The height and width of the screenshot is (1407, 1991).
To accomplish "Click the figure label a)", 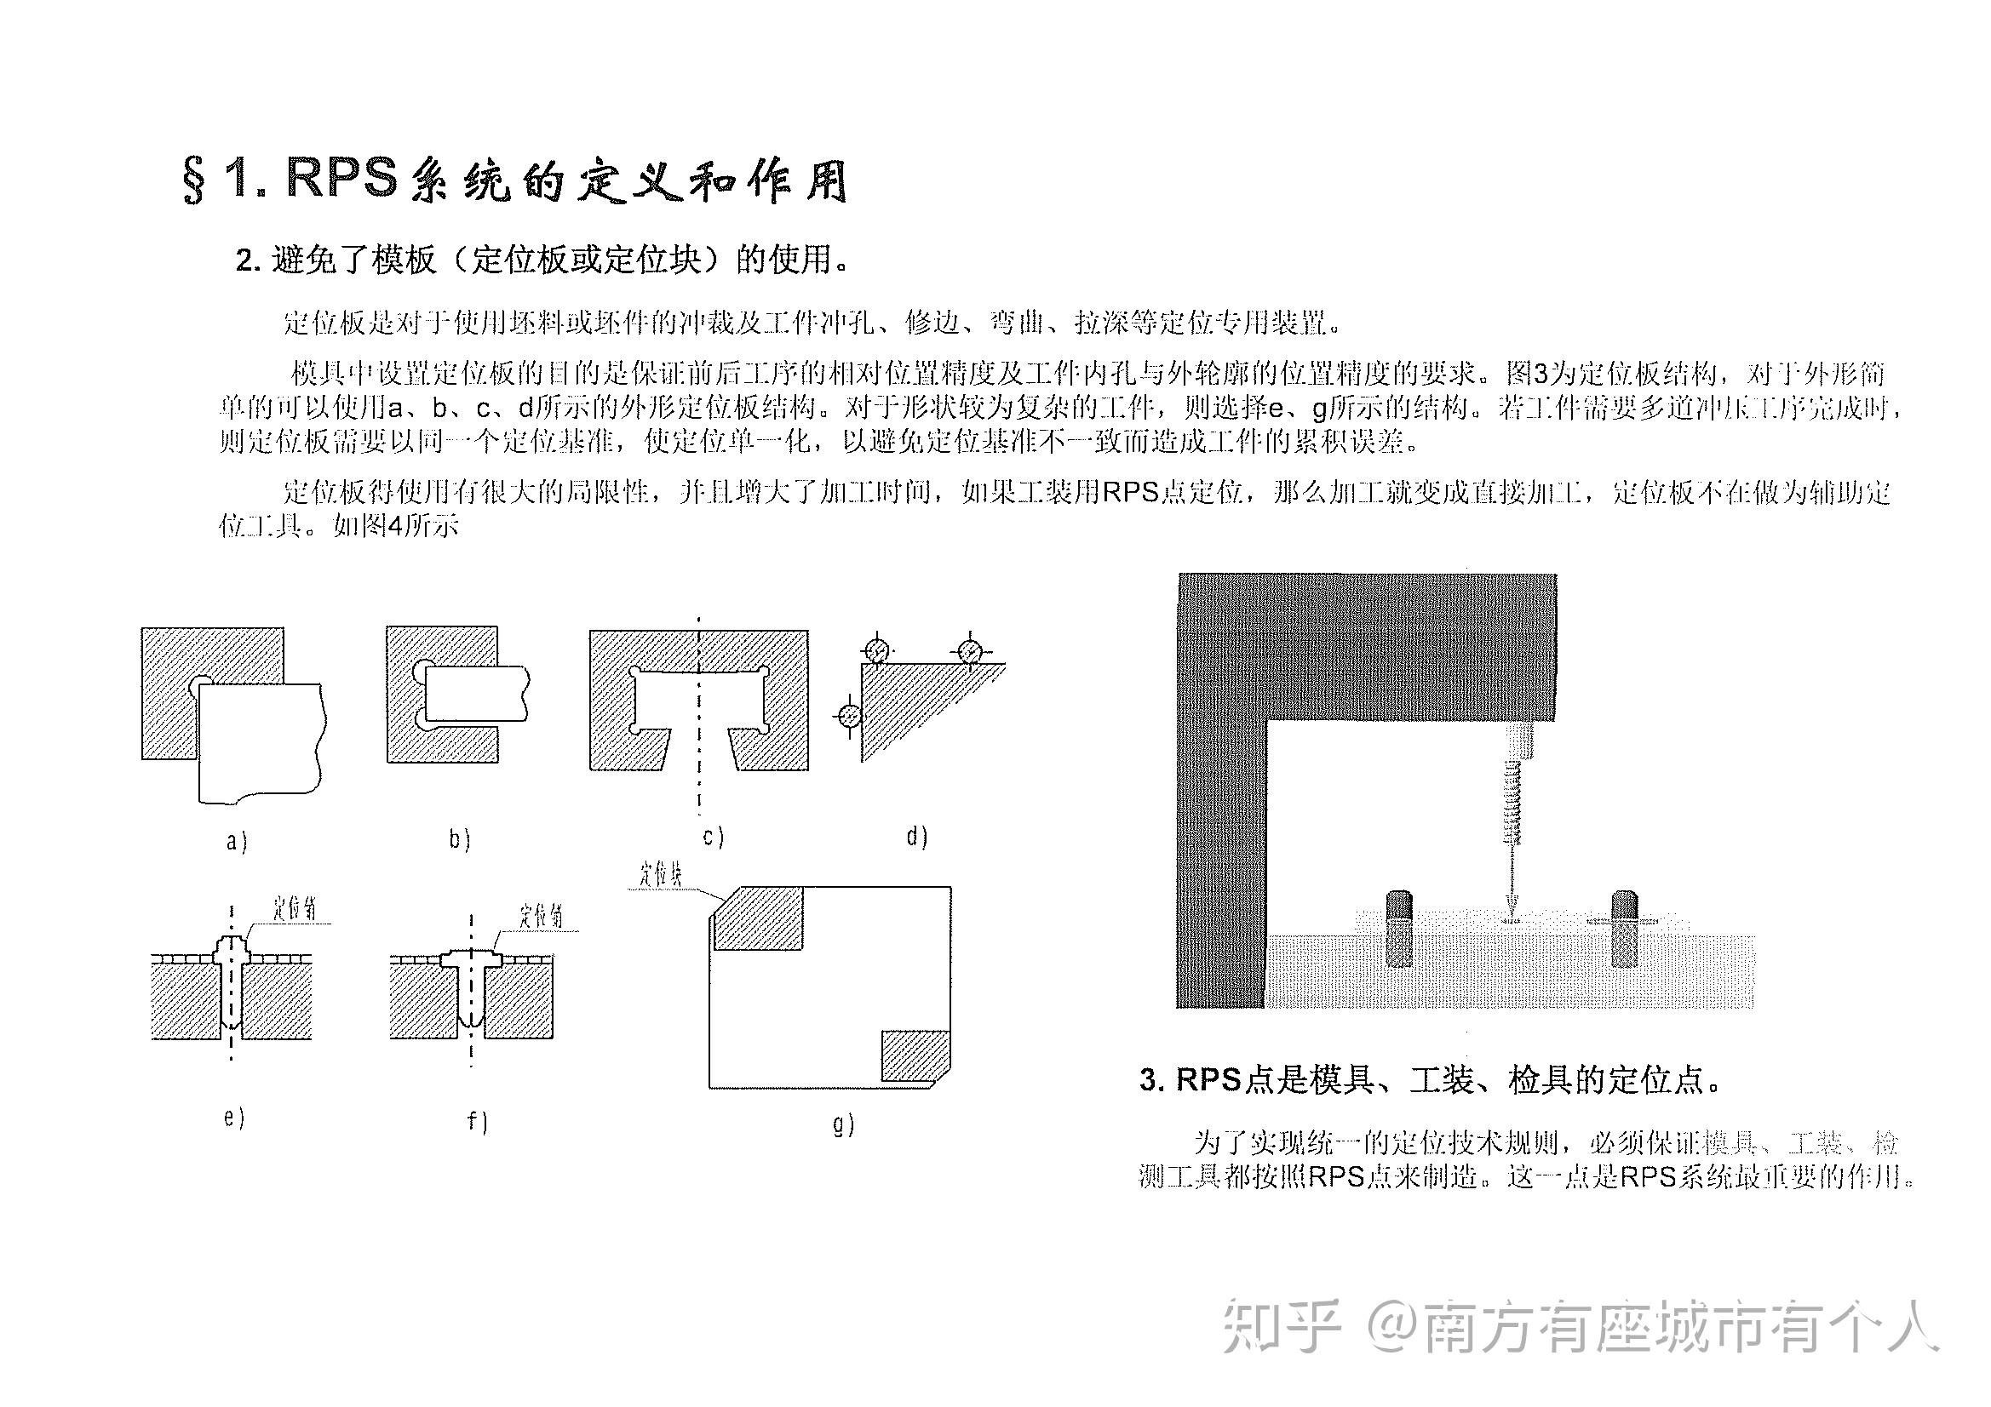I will pyautogui.click(x=236, y=841).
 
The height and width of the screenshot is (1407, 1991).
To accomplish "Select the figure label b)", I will pyautogui.click(x=460, y=839).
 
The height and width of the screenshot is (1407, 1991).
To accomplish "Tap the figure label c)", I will pyautogui.click(x=713, y=837).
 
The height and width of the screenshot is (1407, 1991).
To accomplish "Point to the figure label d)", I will pyautogui.click(x=916, y=837).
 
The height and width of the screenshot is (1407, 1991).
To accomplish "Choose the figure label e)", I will pyautogui.click(x=234, y=1118).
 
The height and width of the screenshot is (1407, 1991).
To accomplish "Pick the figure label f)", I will pyautogui.click(x=477, y=1122).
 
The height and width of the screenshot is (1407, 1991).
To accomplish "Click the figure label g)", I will pyautogui.click(x=843, y=1124).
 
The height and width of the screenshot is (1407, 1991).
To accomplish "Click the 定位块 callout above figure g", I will pyautogui.click(x=661, y=875).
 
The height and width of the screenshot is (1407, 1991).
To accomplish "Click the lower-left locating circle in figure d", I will pyautogui.click(x=850, y=717).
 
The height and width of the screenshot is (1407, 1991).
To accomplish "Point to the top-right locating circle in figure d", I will pyautogui.click(x=969, y=650).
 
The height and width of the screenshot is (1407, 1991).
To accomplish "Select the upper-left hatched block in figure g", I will pyautogui.click(x=758, y=919).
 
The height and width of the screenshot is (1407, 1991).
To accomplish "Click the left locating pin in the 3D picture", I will pyautogui.click(x=1399, y=929).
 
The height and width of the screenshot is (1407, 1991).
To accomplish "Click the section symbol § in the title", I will pyautogui.click(x=194, y=181).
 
